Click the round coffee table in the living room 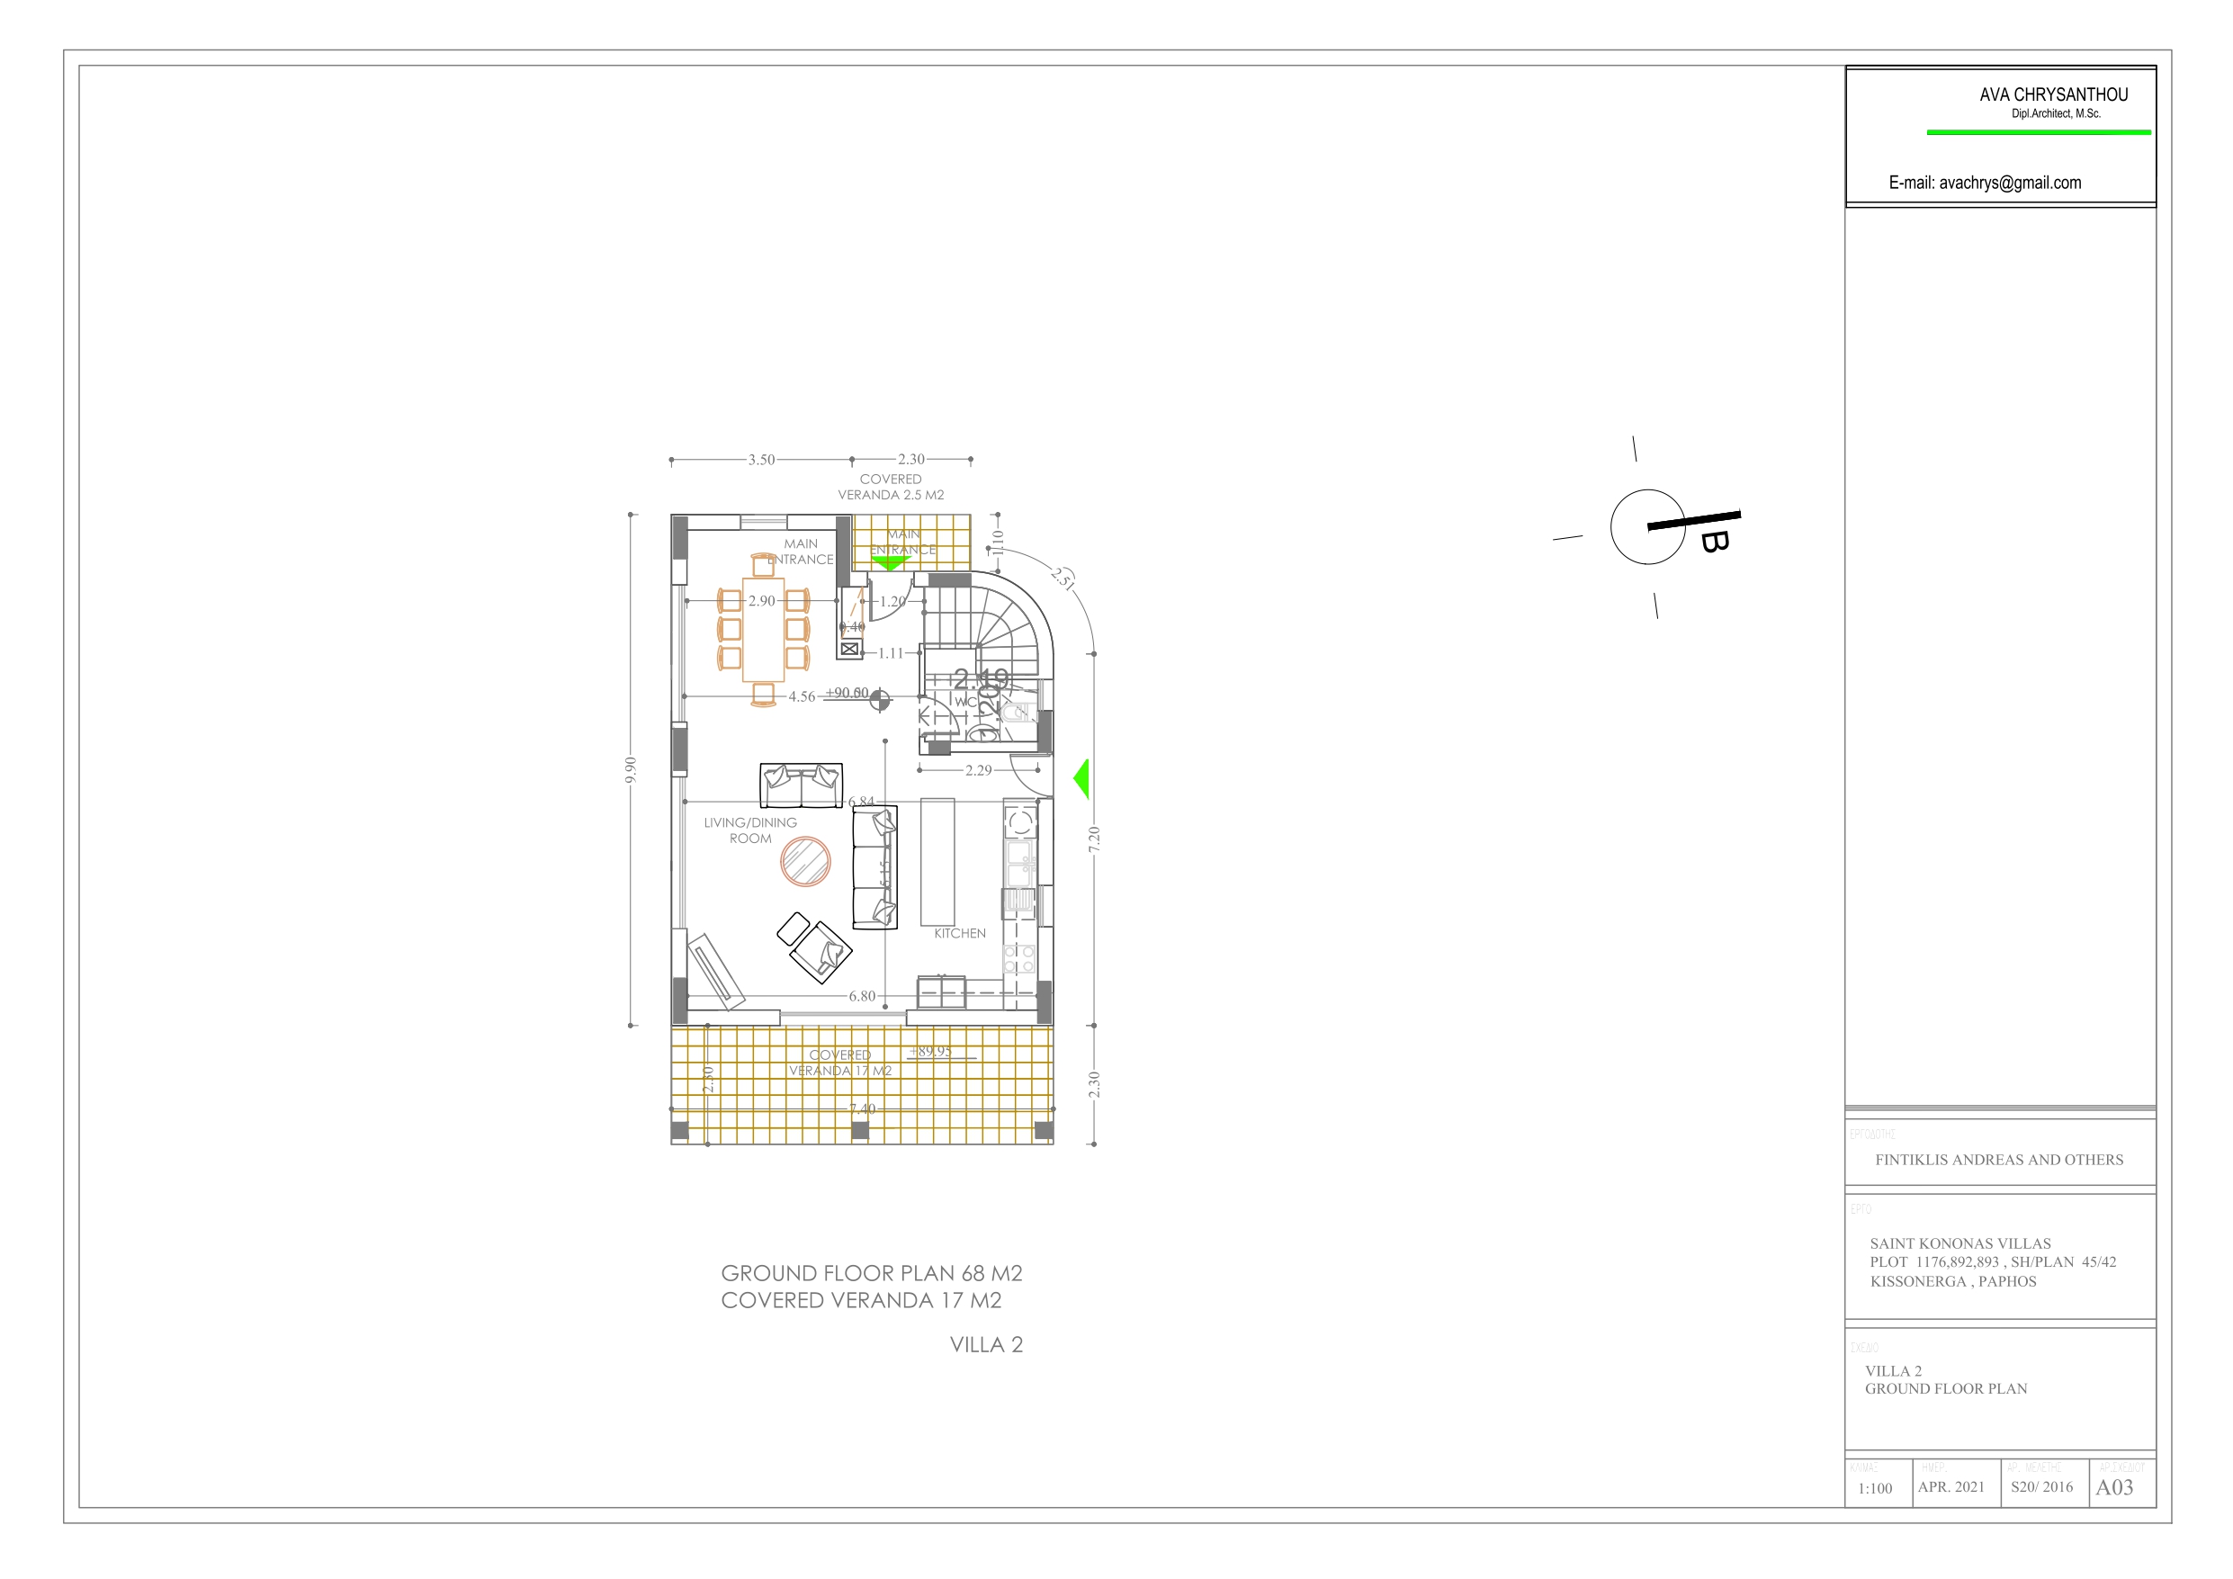tap(805, 861)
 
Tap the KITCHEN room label tap(959, 933)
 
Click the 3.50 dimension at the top tap(761, 459)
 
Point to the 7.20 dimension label tap(1094, 839)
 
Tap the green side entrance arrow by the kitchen tap(1081, 778)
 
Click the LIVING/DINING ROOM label tap(749, 830)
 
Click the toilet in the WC tap(1017, 713)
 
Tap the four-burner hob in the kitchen tap(1019, 958)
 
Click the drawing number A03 tap(2113, 1486)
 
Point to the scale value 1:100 tap(1874, 1487)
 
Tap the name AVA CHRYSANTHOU tap(2053, 94)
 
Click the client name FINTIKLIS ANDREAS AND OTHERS tap(1998, 1160)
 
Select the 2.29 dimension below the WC tap(978, 769)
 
